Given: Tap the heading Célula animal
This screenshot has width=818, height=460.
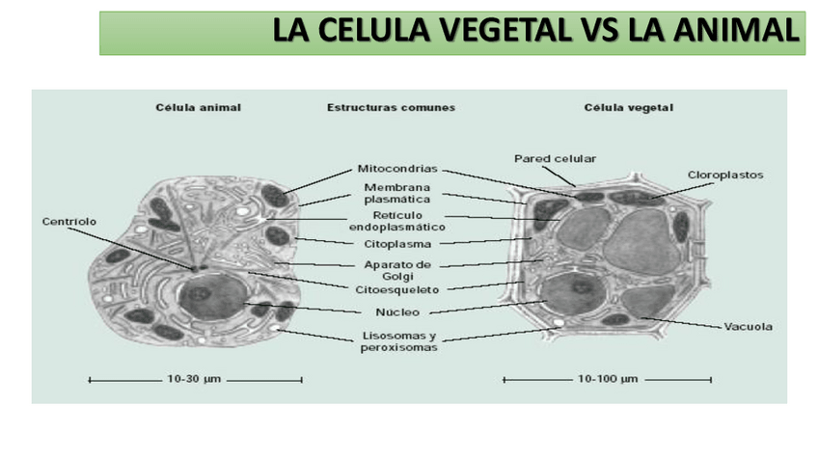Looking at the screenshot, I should [198, 107].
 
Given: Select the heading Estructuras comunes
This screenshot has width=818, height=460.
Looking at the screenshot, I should [391, 107].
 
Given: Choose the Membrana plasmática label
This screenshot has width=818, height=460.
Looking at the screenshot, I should [396, 193].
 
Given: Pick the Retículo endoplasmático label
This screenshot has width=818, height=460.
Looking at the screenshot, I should [396, 221].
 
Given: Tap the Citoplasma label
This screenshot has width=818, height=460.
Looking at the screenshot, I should [396, 244].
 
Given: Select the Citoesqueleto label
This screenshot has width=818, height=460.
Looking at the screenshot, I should [396, 288].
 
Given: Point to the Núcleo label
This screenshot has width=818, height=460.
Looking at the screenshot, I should [395, 311].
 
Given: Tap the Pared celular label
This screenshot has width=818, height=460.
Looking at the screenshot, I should [555, 158].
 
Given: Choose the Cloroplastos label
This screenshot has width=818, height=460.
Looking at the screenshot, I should [725, 176].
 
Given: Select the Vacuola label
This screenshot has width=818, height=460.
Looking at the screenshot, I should [749, 326].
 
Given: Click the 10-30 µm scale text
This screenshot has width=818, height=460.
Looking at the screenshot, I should [195, 379].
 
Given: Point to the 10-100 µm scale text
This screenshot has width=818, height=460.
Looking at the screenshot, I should [609, 379].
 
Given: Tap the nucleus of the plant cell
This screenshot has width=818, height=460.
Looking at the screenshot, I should [569, 293].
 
